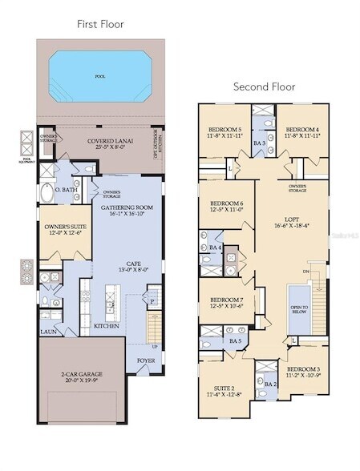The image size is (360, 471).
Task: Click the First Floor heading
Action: (100, 24)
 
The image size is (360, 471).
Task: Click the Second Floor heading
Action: (265, 87)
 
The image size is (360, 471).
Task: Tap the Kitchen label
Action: (107, 326)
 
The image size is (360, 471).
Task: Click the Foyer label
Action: (145, 361)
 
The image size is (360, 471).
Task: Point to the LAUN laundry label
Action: (47, 331)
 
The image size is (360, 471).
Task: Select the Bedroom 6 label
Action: (225, 207)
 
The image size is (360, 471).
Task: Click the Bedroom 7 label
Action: (225, 301)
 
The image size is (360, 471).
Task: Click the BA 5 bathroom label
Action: (235, 342)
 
